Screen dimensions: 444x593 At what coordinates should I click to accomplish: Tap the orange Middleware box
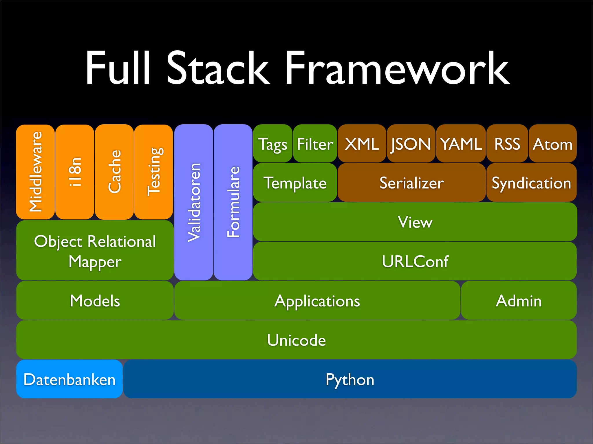tap(35, 172)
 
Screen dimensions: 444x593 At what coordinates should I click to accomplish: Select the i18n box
tap(75, 172)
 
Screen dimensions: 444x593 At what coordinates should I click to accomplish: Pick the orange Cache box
tap(114, 172)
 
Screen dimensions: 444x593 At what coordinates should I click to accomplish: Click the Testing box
tap(153, 172)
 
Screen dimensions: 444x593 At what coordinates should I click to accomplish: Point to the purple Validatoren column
tap(193, 202)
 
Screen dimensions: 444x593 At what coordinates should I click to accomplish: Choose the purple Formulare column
tap(233, 202)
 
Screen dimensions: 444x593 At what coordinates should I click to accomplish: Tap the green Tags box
tap(272, 144)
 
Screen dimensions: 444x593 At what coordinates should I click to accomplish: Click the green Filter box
tap(315, 144)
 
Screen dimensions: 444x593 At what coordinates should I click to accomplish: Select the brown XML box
tap(362, 144)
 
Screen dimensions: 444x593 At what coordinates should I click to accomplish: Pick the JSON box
tap(411, 144)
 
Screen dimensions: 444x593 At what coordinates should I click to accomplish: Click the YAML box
tap(461, 144)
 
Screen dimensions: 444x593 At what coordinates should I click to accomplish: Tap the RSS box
tap(507, 144)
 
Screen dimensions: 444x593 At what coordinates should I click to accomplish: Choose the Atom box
tap(552, 144)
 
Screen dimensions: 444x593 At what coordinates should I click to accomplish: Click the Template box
tap(295, 183)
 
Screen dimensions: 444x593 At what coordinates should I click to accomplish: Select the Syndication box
tap(531, 183)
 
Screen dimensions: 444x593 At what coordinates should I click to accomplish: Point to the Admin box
tap(519, 301)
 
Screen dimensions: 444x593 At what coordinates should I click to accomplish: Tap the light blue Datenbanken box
tap(69, 379)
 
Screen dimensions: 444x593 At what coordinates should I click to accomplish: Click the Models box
tap(95, 301)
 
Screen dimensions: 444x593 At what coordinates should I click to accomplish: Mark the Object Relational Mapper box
tap(95, 251)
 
